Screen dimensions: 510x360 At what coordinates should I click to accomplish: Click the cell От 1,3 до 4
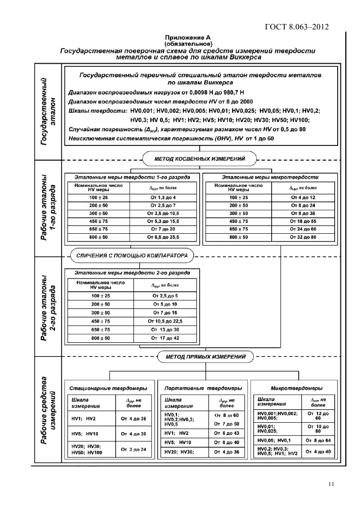[x=166, y=197]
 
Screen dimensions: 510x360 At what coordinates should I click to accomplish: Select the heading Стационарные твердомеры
[x=108, y=388]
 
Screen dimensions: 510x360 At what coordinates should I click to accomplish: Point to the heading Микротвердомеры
[x=292, y=388]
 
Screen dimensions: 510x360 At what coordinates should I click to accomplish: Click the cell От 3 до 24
[x=132, y=450]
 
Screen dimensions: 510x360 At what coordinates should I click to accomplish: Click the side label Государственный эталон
[x=50, y=112]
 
